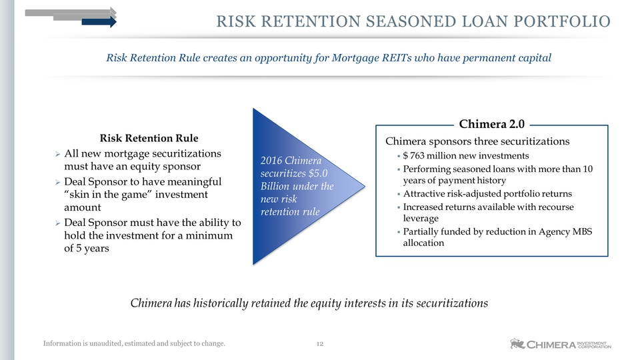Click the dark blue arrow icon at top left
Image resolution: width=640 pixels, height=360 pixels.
(99, 22)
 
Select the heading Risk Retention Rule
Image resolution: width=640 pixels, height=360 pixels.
(149, 138)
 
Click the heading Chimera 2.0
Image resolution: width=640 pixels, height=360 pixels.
(491, 124)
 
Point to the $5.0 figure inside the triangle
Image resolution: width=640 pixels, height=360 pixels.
(318, 173)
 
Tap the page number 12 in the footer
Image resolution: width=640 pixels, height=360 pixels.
(319, 344)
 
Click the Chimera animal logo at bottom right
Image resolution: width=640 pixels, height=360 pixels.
(517, 344)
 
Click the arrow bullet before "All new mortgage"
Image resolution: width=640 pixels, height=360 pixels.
(58, 154)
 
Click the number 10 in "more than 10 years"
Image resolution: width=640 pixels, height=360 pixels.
(587, 169)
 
